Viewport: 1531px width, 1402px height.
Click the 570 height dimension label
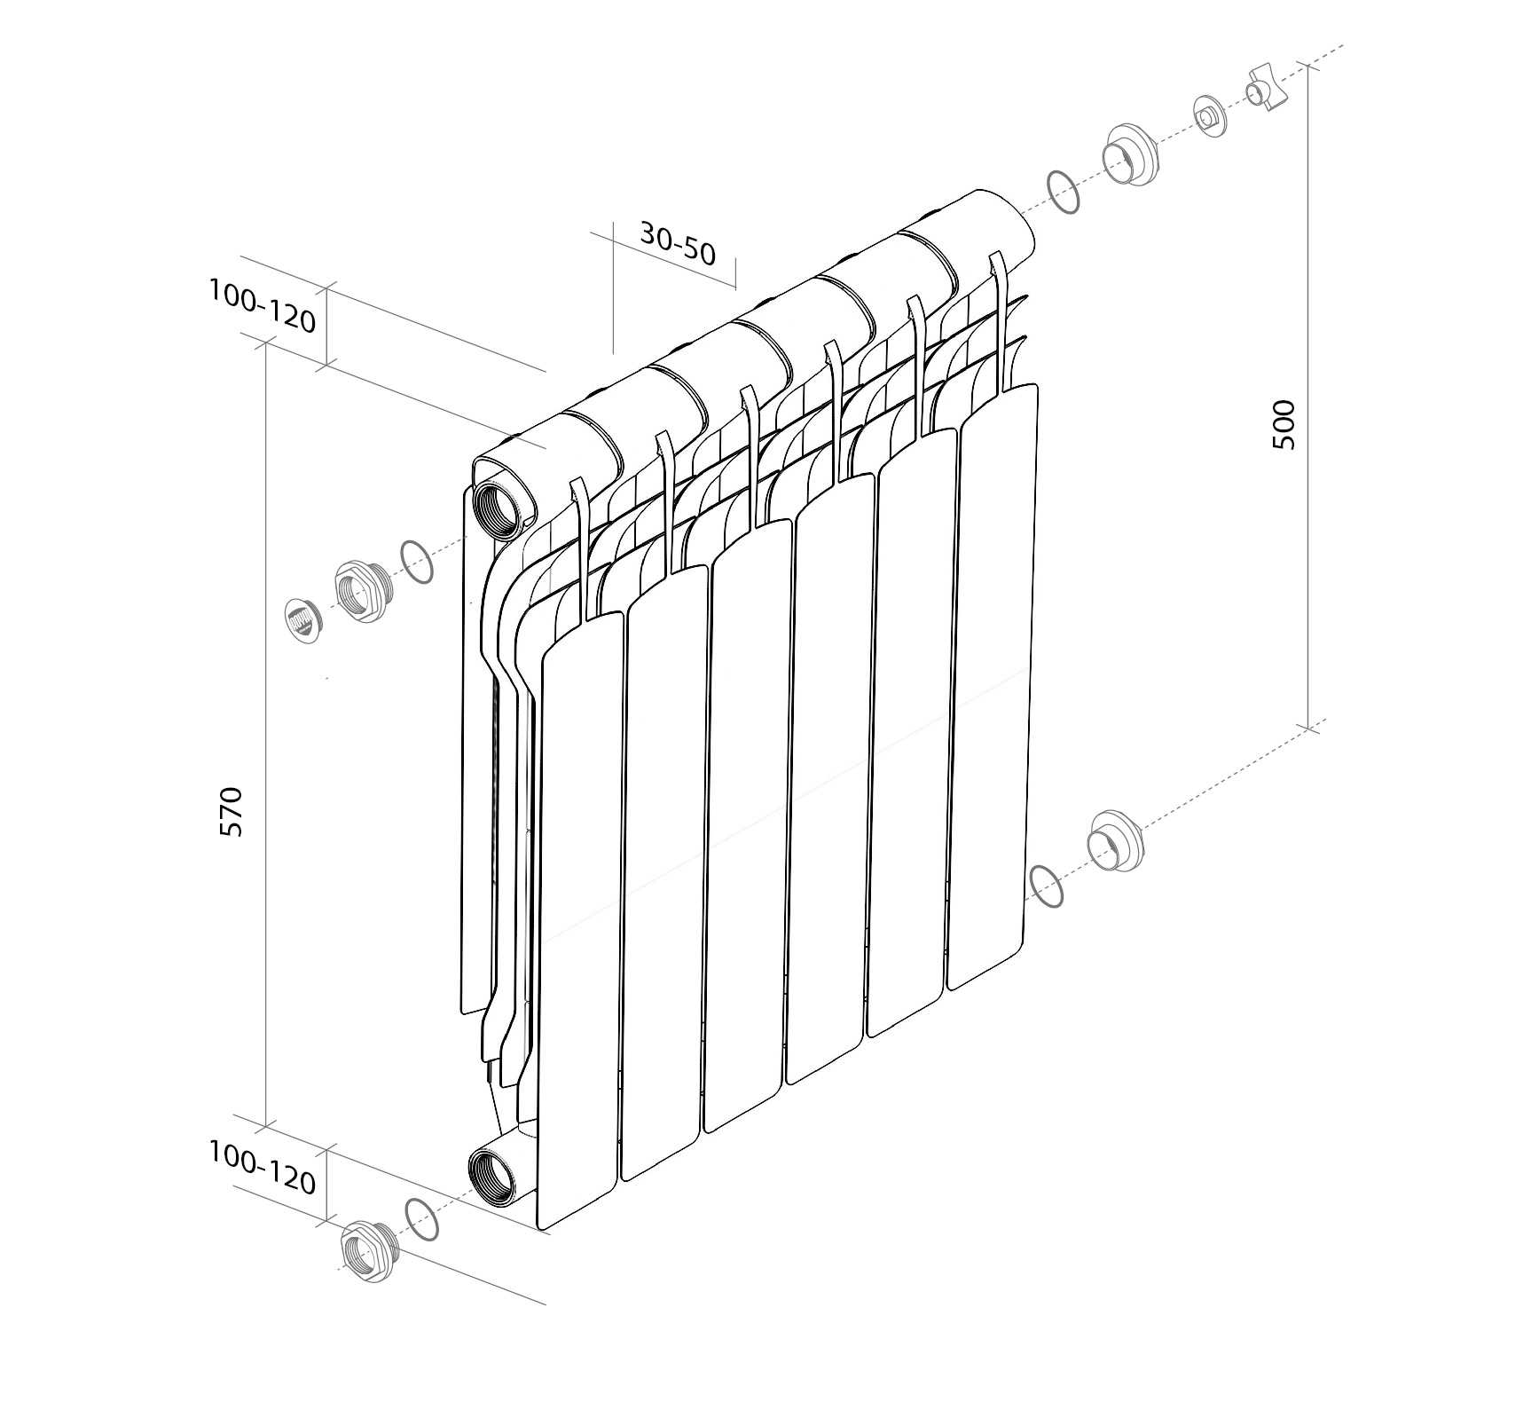click(231, 811)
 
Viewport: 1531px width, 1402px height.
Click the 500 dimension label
click(1284, 425)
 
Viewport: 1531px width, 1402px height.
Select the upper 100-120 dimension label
click(263, 305)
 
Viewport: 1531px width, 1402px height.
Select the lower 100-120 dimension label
click(263, 1168)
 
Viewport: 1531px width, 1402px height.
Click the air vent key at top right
click(1266, 89)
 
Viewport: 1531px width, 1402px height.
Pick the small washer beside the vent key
click(1210, 115)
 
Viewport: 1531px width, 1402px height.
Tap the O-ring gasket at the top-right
click(1063, 192)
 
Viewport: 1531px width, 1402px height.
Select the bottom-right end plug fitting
click(1115, 839)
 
